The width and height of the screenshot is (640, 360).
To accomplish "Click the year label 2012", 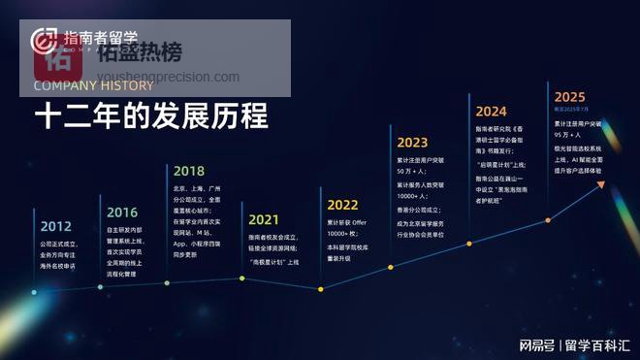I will (55, 225).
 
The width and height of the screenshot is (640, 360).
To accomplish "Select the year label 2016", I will (122, 212).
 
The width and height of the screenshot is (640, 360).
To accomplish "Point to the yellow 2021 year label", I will (264, 219).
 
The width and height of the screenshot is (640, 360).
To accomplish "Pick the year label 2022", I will (343, 205).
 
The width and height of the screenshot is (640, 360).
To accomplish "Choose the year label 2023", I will (412, 143).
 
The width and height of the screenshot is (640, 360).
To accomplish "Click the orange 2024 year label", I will (491, 111).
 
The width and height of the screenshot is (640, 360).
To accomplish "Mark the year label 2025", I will (569, 97).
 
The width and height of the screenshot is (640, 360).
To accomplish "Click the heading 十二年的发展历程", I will (151, 117).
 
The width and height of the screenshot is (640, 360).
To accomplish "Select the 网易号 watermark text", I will (536, 344).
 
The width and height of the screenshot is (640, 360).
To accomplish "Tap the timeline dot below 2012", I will (34, 291).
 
